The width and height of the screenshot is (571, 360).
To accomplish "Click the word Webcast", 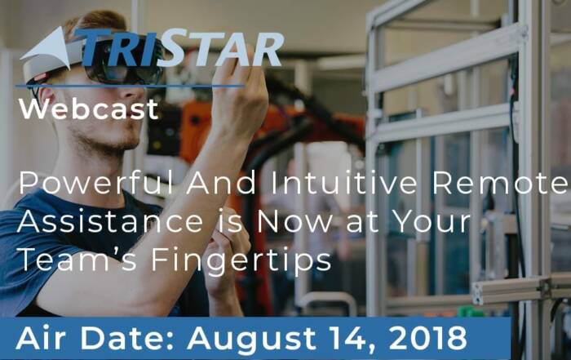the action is pos(89,109).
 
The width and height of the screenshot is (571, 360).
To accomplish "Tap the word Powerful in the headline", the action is pos(96,182).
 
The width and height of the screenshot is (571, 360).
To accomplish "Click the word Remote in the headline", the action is pos(501,183).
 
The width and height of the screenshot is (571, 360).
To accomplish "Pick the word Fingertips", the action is pos(241,261).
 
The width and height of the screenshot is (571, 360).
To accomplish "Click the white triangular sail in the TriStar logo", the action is pos(46,49).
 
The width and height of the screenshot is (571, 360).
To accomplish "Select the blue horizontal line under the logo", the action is pos(130,87).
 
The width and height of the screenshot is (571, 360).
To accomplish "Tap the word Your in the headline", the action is pos(432,221).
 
